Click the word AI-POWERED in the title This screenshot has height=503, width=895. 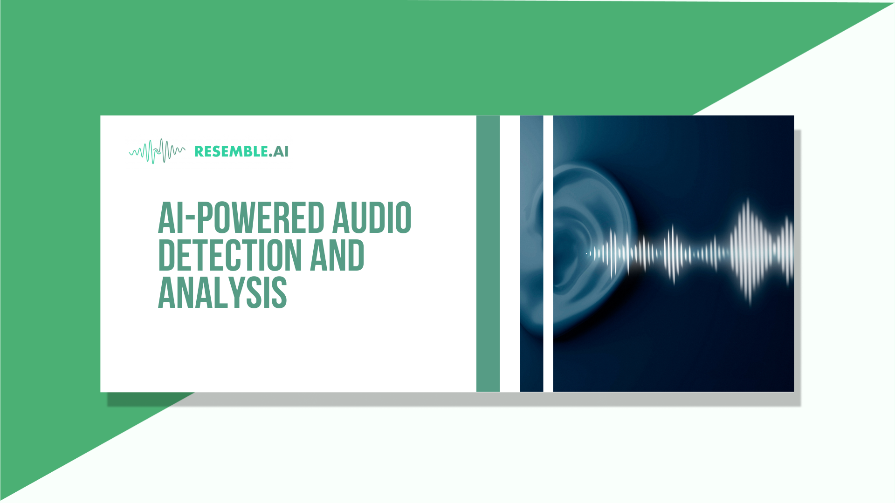click(241, 218)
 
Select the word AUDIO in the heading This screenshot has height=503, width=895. click(372, 218)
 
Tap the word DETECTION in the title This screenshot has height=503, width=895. click(230, 255)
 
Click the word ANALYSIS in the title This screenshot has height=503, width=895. click(222, 293)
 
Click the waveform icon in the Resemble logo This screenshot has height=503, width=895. click(157, 151)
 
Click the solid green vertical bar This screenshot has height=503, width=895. click(488, 253)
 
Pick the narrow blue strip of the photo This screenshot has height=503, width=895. click(531, 253)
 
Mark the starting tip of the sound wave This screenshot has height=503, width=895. click(587, 253)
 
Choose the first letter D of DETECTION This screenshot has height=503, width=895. click(166, 255)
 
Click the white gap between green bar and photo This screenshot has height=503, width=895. click(509, 253)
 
